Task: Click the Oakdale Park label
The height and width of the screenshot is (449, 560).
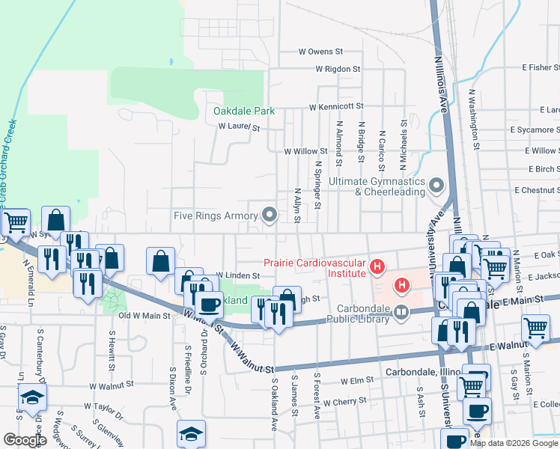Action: coord(244,111)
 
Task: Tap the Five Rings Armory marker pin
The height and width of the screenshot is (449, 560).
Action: coord(270,216)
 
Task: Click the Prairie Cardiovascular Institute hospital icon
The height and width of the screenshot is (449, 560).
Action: coord(377,266)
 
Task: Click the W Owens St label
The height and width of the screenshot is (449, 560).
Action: coord(320,52)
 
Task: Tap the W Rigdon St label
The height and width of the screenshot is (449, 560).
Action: coord(338,69)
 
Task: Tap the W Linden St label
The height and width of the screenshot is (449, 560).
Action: coord(237,275)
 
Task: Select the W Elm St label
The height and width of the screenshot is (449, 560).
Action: coord(356,380)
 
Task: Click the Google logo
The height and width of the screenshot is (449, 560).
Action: coord(24,440)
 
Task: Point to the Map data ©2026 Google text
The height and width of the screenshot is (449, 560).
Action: coord(514,443)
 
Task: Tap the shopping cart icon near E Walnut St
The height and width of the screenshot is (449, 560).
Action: coord(536,328)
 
